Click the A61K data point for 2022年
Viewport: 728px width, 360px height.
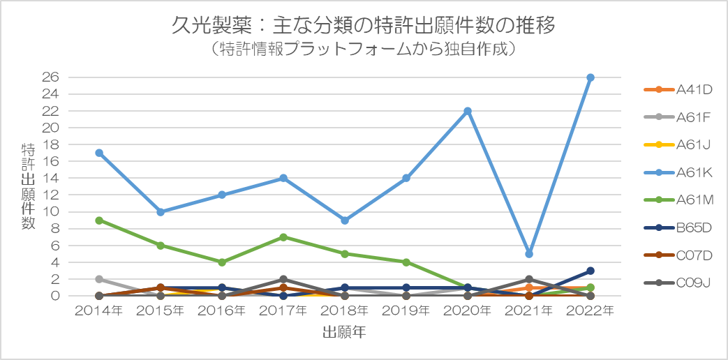coord(590,77)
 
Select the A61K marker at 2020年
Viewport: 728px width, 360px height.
coord(468,111)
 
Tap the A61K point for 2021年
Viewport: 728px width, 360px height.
coord(529,254)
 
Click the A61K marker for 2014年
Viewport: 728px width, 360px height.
coord(99,153)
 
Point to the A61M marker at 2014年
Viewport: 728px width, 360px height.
coord(99,220)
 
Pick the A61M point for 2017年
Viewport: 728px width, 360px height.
coord(283,237)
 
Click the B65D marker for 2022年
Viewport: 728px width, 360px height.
coord(590,271)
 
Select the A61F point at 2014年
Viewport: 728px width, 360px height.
coord(99,279)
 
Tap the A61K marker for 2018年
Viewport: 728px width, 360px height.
coord(345,220)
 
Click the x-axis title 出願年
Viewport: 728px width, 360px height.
coord(344,333)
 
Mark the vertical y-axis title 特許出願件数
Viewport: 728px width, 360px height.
coord(28,186)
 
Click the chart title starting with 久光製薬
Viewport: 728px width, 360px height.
coord(364,26)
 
